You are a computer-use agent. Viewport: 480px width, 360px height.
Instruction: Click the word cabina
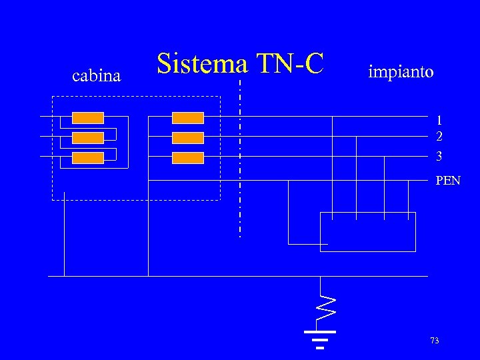pos(96,76)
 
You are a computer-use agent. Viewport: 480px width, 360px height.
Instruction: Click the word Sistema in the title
pos(202,64)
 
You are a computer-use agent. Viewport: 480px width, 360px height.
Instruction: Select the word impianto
pos(401,71)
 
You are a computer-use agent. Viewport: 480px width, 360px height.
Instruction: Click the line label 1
pos(439,121)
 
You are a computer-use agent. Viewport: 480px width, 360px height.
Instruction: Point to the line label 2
pos(439,137)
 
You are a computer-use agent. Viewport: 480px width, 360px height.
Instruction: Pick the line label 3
pos(439,157)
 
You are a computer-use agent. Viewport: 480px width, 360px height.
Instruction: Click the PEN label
pos(447,180)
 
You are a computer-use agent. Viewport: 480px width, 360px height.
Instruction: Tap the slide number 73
pos(435,341)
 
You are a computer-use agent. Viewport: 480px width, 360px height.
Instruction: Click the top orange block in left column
pos(88,118)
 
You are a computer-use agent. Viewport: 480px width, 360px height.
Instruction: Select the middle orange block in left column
pos(88,138)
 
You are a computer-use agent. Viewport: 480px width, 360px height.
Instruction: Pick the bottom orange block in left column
pos(88,158)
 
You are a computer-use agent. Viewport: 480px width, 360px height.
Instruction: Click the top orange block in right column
pos(188,118)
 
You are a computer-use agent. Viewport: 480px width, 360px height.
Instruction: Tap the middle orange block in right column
pos(188,138)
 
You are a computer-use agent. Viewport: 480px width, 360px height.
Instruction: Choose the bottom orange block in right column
pos(188,158)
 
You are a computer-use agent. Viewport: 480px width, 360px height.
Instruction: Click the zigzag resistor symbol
pos(325,304)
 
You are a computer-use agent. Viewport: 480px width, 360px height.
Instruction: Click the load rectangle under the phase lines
pos(368,231)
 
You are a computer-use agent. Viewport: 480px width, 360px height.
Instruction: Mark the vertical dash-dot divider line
pos(240,160)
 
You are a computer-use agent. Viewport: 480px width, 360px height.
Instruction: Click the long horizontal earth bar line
pos(238,276)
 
